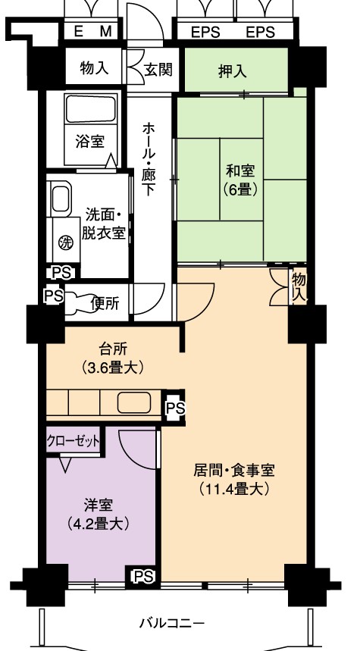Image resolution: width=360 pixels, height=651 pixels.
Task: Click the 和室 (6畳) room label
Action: click(240, 180)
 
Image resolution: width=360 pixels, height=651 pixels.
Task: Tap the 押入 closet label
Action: click(233, 70)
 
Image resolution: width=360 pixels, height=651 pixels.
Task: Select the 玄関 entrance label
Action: click(158, 70)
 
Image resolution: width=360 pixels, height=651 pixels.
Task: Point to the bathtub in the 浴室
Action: click(91, 109)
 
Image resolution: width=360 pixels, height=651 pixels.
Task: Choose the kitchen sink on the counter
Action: click(133, 402)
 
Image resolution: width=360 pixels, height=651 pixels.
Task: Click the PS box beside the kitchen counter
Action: click(174, 407)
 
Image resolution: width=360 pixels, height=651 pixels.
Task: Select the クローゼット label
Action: click(73, 440)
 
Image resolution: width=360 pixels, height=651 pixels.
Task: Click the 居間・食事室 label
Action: click(233, 479)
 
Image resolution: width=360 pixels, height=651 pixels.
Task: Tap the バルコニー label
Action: click(171, 623)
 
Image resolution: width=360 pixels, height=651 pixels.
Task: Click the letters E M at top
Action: click(92, 32)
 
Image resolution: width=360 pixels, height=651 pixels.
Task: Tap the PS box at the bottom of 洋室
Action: click(142, 577)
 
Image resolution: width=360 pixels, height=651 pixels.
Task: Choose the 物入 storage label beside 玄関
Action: click(94, 68)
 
